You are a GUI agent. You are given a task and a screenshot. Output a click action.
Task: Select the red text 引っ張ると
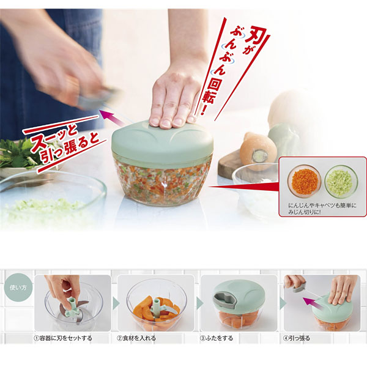[x=70, y=150]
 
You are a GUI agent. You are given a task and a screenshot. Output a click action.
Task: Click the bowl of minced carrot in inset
[x=304, y=181]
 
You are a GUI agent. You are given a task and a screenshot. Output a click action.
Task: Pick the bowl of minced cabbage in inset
[x=341, y=181]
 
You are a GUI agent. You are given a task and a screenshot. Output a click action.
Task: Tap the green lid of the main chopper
[x=163, y=143]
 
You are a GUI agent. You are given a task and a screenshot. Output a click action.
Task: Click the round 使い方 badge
[x=18, y=287]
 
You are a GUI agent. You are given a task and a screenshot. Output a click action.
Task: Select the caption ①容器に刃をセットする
[x=63, y=338]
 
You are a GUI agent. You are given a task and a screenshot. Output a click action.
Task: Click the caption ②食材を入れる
[x=136, y=338]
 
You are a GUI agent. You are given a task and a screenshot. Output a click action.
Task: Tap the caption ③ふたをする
[x=217, y=338]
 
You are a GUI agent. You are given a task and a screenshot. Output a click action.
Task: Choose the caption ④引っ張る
[x=296, y=338]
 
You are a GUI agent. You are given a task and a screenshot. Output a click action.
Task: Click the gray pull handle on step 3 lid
[x=225, y=299]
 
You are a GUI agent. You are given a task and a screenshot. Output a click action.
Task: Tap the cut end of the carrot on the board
[x=259, y=155]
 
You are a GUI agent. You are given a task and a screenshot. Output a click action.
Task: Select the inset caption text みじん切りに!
[x=304, y=212]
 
